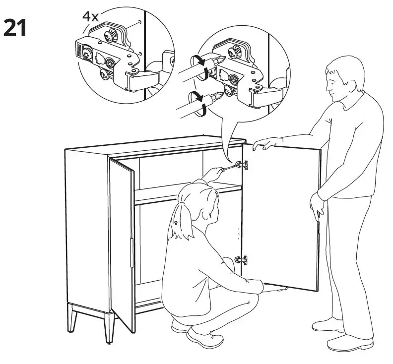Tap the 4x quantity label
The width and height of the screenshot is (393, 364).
[x=90, y=16]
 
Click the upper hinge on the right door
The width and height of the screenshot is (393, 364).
[x=243, y=165]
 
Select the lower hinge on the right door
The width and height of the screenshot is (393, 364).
[x=242, y=259]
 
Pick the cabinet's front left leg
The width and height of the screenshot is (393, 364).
[x=73, y=318]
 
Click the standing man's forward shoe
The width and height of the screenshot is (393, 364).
[x=328, y=325]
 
